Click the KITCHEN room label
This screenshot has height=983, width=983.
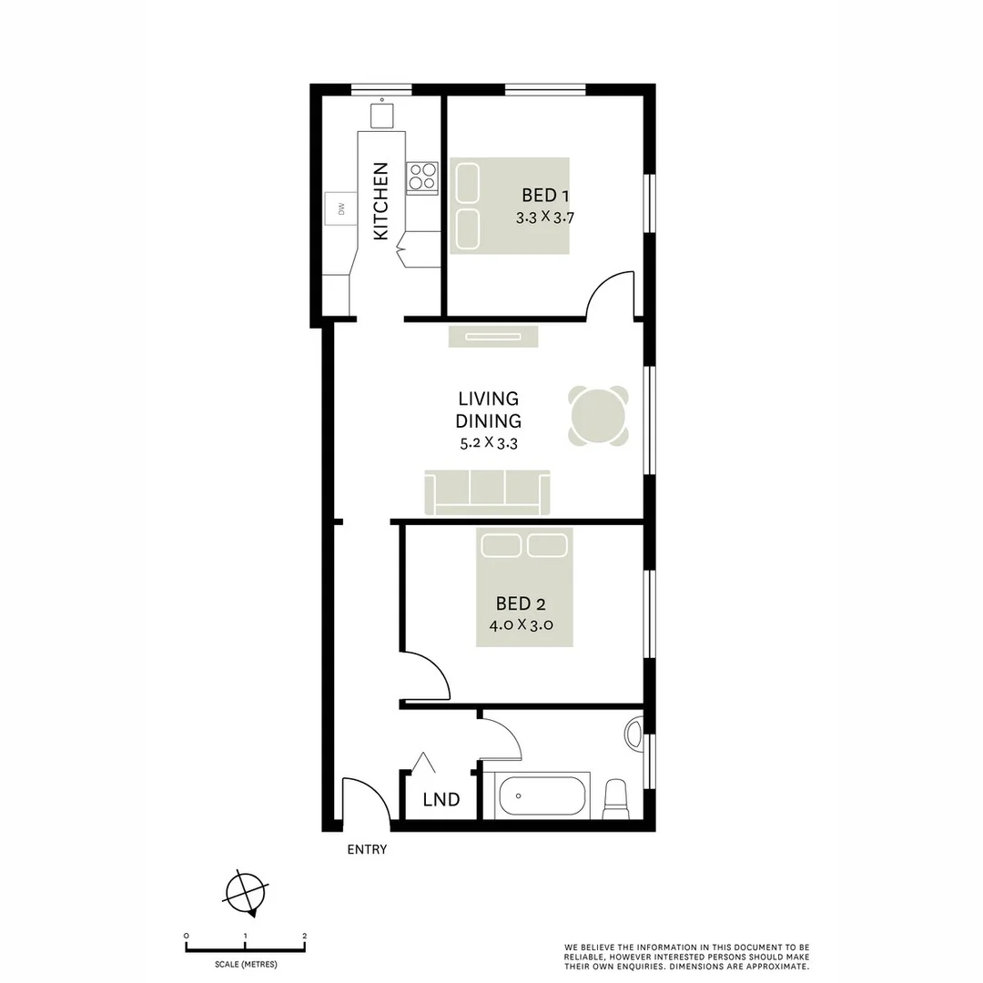[x=380, y=201]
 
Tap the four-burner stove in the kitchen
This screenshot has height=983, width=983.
[x=421, y=177]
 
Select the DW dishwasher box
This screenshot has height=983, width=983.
[x=341, y=209]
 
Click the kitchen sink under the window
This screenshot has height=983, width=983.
[x=382, y=116]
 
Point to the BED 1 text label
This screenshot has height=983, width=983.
[x=546, y=195]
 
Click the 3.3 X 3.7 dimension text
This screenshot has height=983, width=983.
[x=546, y=218]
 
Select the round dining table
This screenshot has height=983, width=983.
[x=599, y=416]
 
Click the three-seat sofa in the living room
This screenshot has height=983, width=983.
[x=487, y=492]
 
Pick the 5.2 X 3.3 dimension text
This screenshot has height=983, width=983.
[x=489, y=443]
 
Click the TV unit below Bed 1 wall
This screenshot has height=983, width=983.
[x=492, y=336]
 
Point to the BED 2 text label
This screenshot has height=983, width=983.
[x=521, y=603]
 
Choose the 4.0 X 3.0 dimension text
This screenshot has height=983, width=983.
[x=521, y=625]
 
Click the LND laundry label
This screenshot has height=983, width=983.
[x=441, y=800]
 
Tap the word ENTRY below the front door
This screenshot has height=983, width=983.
[x=367, y=850]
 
